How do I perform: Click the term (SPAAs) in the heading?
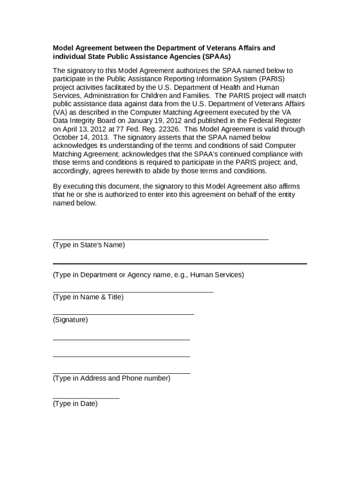point(217,57)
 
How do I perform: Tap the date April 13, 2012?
point(82,129)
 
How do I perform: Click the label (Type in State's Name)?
point(89,245)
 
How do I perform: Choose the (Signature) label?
point(70,320)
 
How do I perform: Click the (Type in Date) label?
point(75,404)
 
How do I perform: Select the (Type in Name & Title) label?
point(88,297)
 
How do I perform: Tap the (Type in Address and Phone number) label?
point(112,378)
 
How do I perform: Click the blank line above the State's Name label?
point(160,239)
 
